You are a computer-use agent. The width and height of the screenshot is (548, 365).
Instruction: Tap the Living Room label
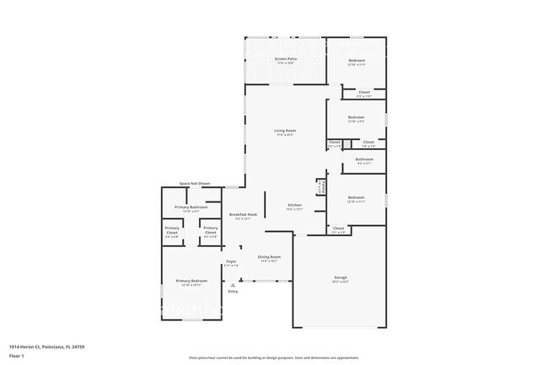pos(284,131)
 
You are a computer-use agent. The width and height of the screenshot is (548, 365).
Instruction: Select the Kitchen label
pos(294,205)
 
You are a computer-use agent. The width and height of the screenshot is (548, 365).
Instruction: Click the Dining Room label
pos(269,256)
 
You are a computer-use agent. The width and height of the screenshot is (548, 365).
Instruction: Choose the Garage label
pos(341,276)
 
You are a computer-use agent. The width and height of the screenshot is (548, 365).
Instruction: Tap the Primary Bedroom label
pos(191,281)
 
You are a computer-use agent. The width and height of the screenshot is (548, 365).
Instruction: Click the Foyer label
pos(231,262)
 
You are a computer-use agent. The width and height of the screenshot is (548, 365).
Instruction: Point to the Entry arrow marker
pos(232,285)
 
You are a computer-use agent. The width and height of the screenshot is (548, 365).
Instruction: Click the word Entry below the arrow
pos(232,292)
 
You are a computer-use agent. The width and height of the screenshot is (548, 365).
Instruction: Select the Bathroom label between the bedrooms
pos(364,158)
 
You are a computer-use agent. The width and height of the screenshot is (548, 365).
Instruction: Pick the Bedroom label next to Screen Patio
pos(357,62)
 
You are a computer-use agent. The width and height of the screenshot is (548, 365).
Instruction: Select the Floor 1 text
pos(17,357)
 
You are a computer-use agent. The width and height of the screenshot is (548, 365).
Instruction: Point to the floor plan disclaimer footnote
pos(273,357)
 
